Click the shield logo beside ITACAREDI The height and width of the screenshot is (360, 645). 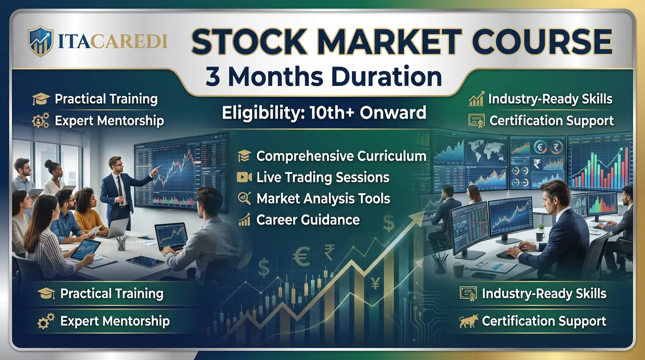[x=41, y=41]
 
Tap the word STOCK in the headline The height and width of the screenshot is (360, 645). [x=248, y=41]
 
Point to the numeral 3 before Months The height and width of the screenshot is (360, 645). [x=213, y=77]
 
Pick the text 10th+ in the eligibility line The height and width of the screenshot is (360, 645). [x=332, y=112]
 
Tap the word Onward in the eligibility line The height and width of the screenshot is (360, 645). [x=393, y=112]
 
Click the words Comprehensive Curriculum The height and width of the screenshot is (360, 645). [x=342, y=156]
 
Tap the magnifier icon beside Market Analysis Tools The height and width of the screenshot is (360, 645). [x=245, y=198]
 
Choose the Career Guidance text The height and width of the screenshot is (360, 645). [x=308, y=220]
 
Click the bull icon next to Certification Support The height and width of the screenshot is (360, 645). [x=468, y=321]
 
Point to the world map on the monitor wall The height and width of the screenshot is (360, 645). [x=486, y=151]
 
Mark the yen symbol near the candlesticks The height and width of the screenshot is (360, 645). [x=375, y=283]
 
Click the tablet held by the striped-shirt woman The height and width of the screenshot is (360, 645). [x=86, y=249]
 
